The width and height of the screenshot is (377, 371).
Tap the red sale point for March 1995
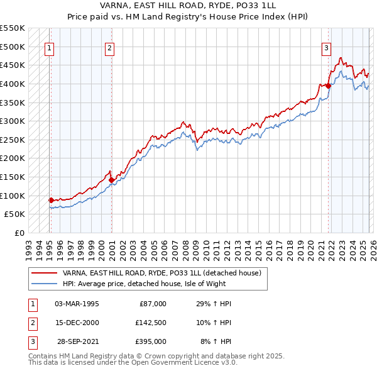click(x=51, y=200)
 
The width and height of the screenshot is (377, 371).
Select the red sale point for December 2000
click(x=111, y=180)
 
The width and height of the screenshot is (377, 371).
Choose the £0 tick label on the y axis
click(x=18, y=233)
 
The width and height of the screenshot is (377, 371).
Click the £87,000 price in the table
click(x=151, y=304)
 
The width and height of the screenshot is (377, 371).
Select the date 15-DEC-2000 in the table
click(x=77, y=323)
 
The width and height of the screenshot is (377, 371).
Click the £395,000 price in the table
click(x=151, y=341)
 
